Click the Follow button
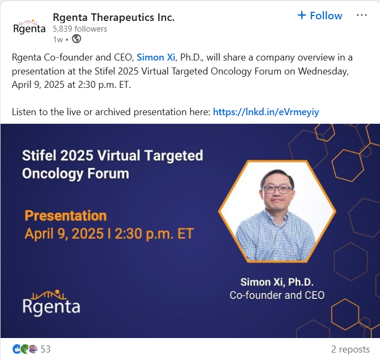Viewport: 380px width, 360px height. pos(320,16)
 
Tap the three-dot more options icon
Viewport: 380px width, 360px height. pos(362,16)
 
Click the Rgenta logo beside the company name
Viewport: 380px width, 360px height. pos(29,26)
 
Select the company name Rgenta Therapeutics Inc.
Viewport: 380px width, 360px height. pos(113,18)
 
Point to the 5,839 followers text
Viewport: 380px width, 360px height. pos(80,29)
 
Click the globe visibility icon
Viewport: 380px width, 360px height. pos(77,39)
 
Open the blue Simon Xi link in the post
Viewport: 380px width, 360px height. pos(156,57)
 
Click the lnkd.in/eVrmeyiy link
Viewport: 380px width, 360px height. pos(266,112)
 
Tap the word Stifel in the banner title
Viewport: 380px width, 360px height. pos(40,155)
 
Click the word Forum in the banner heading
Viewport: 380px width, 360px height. pos(108,174)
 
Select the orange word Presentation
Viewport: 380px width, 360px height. pos(66,215)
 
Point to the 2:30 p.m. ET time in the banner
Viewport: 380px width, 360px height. pos(154,234)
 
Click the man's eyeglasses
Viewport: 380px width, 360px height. pos(277,190)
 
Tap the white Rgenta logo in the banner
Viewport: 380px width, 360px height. pos(51,303)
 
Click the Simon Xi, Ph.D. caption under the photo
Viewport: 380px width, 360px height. pos(277,282)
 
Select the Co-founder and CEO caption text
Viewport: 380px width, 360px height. pos(277,295)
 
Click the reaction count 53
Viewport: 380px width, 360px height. pos(45,349)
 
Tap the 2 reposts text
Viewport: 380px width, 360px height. pos(351,349)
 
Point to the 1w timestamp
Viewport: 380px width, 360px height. pos(58,40)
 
